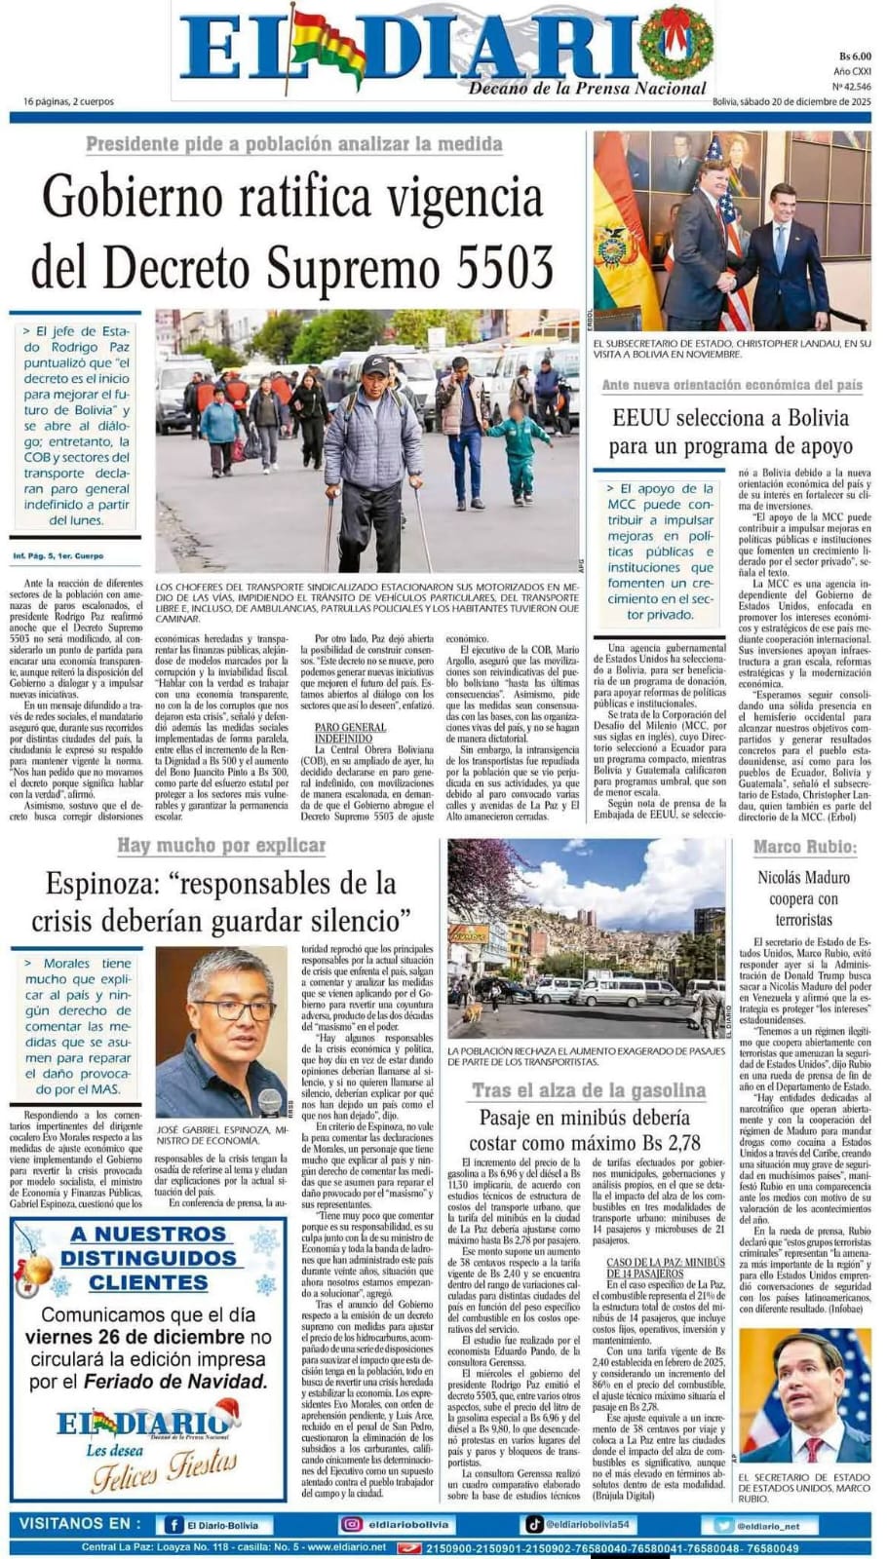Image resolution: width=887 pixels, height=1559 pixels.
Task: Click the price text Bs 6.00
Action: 855,57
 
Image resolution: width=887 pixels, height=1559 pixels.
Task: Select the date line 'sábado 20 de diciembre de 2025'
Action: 805,101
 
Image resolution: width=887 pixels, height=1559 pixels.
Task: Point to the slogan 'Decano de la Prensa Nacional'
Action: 587,89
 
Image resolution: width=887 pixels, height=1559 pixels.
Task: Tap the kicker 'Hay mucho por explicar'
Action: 221,846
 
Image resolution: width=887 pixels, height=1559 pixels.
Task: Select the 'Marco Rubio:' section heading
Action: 804,847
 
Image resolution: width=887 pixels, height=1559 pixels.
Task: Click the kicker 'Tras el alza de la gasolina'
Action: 589,1090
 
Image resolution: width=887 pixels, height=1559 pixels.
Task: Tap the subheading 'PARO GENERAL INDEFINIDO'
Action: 351,733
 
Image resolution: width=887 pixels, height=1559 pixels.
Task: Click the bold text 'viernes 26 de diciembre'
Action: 135,1337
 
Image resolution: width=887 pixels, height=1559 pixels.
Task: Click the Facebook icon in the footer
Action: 174,1525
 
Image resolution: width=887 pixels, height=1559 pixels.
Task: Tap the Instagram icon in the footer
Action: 351,1525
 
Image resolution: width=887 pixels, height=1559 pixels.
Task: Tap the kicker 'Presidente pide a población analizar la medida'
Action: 293,144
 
